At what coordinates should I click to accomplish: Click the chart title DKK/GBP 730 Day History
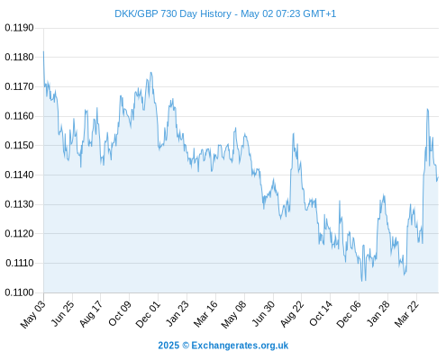tap(173, 13)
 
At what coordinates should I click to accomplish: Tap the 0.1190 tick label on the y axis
tap(19, 28)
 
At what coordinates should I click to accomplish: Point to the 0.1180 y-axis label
tap(19, 57)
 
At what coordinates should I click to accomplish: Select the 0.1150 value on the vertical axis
tap(19, 146)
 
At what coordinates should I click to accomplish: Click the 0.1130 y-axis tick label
tap(19, 204)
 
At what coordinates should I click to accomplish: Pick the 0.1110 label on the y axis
tap(20, 263)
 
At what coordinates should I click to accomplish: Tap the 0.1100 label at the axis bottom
tap(19, 292)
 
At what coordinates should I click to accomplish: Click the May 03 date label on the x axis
tap(33, 314)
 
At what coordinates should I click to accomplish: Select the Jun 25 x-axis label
tap(62, 314)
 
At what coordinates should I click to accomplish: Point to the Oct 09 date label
tap(120, 314)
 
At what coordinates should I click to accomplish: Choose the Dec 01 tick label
tap(148, 314)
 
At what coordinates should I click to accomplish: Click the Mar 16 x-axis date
tap(205, 314)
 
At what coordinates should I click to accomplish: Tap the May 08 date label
tap(233, 314)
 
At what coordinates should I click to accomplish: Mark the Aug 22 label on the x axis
tap(291, 314)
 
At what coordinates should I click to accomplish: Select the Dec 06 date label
tap(349, 314)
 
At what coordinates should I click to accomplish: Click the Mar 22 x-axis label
tap(406, 314)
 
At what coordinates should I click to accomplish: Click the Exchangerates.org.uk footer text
tap(240, 346)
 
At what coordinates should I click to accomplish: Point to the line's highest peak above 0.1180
tap(43, 51)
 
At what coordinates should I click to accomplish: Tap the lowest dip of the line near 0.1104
tap(362, 281)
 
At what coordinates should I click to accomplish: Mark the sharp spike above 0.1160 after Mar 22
tap(427, 109)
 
